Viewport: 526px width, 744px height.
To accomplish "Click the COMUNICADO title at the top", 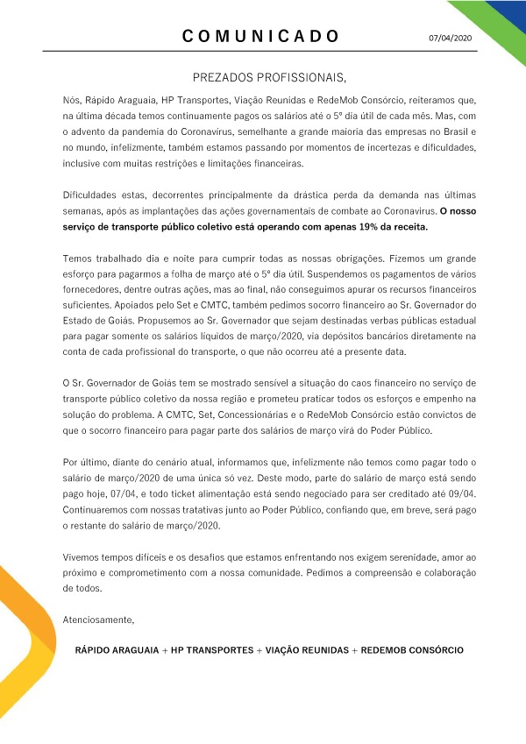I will [x=261, y=36].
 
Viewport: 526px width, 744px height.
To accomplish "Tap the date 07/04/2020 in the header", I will [x=450, y=39].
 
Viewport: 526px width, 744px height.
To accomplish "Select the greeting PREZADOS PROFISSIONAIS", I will [x=263, y=77].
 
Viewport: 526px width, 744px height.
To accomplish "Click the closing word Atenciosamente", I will [x=99, y=620].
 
